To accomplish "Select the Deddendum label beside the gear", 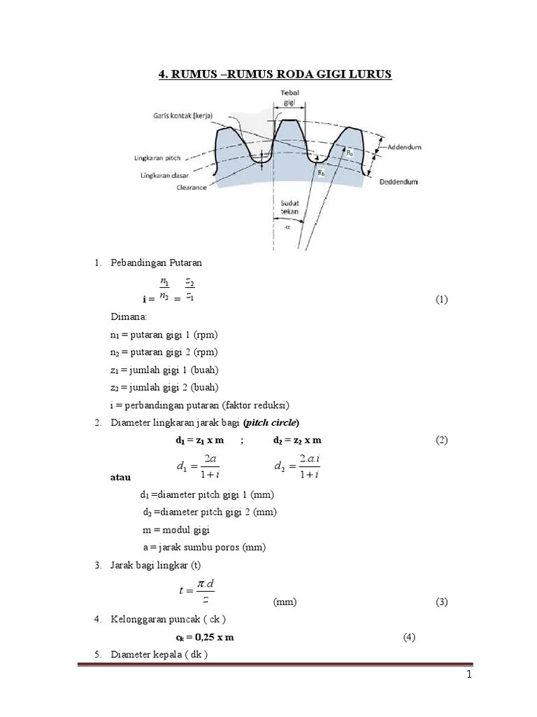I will (x=399, y=182).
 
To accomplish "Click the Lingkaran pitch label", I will (x=164, y=158).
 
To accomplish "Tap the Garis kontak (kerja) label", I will (x=185, y=115).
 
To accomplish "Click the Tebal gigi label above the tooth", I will (x=289, y=96).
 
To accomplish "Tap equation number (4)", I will (x=410, y=637).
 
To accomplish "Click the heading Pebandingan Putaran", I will (x=156, y=263).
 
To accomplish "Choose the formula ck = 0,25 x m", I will (x=204, y=637).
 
